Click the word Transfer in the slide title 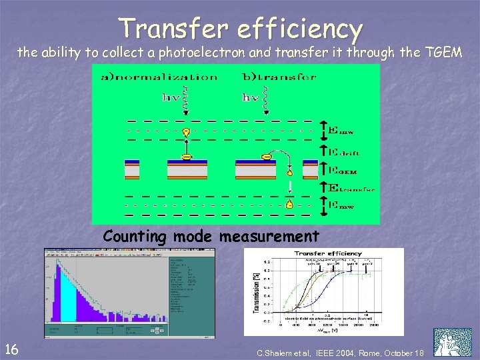(172, 29)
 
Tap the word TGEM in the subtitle (439, 53)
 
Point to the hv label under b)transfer (251, 97)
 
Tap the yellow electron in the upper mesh (187, 131)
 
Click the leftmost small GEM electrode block (131, 169)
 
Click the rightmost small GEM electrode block (309, 169)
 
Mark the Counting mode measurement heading (211, 236)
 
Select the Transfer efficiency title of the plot (327, 253)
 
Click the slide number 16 (11, 347)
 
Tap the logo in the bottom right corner (452, 342)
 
